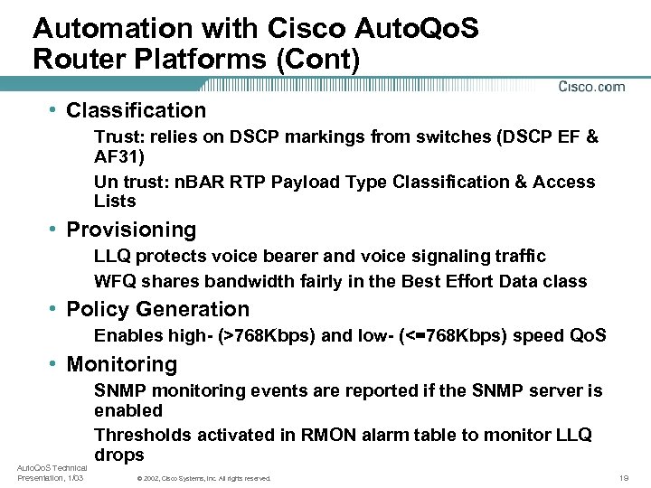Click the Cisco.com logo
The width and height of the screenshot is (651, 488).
[591, 87]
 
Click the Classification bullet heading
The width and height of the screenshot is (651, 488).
[136, 111]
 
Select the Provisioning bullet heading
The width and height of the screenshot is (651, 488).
[131, 230]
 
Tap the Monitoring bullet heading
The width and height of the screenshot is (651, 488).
[121, 365]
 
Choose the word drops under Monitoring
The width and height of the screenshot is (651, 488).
[119, 455]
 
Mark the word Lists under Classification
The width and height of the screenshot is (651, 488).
[115, 202]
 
